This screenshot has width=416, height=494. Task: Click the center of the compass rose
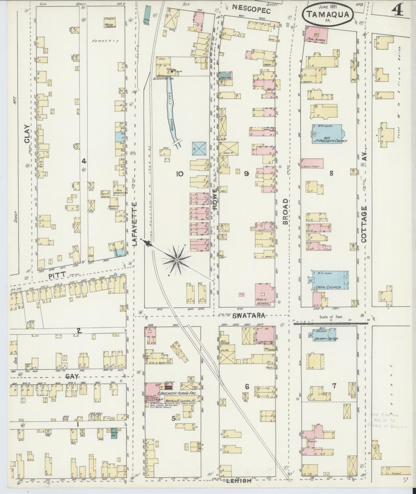(x=177, y=260)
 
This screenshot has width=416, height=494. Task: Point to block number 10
(x=180, y=174)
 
